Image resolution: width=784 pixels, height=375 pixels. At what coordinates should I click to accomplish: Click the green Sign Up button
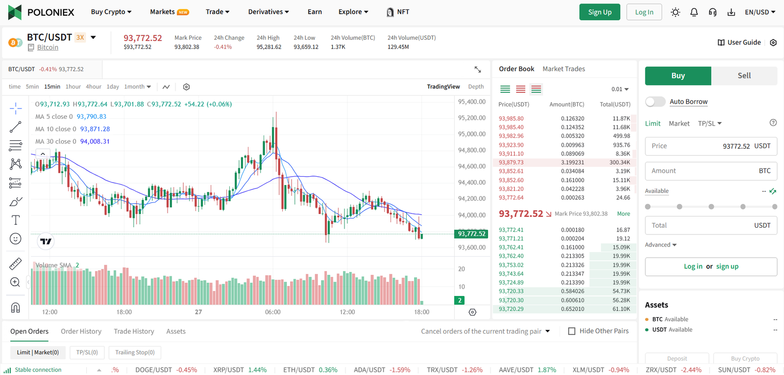pyautogui.click(x=600, y=12)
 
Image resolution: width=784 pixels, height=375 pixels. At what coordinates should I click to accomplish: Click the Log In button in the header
pyautogui.click(x=644, y=12)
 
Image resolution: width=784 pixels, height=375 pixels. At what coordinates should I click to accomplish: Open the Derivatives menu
pyautogui.click(x=268, y=12)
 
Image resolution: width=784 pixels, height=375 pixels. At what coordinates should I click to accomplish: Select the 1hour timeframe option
pyautogui.click(x=73, y=87)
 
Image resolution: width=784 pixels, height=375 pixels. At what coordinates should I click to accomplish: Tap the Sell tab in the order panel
pyautogui.click(x=744, y=76)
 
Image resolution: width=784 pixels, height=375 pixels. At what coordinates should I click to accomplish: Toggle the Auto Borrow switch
pyautogui.click(x=655, y=102)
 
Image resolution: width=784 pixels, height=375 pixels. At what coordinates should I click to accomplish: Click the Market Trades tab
pyautogui.click(x=563, y=69)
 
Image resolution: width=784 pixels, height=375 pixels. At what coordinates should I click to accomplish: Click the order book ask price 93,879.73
pyautogui.click(x=511, y=162)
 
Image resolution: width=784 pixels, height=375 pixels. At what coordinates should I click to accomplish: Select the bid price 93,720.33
pyautogui.click(x=511, y=292)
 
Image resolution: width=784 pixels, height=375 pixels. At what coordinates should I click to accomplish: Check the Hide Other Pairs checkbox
pyautogui.click(x=571, y=331)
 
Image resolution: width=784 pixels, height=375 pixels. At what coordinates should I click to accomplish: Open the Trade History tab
pyautogui.click(x=134, y=331)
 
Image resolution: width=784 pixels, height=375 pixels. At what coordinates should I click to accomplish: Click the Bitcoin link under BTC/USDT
pyautogui.click(x=48, y=48)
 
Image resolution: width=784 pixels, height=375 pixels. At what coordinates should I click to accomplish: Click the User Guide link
pyautogui.click(x=739, y=43)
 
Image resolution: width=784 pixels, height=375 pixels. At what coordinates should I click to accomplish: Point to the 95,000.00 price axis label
pyautogui.click(x=471, y=134)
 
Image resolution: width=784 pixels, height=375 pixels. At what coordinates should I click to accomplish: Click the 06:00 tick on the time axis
pyautogui.click(x=273, y=312)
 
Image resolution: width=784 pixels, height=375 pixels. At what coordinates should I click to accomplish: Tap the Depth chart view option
pyautogui.click(x=476, y=87)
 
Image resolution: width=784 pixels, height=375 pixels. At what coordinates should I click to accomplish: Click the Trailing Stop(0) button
pyautogui.click(x=135, y=352)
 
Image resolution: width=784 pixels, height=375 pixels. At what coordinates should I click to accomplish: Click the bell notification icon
pyautogui.click(x=694, y=12)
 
